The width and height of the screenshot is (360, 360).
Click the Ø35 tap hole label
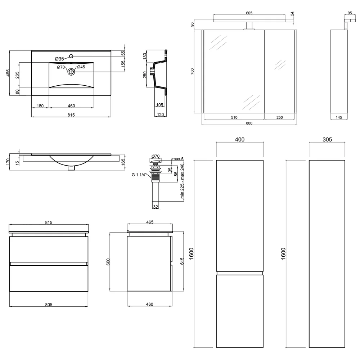(x=59, y=59)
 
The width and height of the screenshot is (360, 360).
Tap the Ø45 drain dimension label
(x=81, y=67)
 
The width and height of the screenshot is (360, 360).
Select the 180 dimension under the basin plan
(x=40, y=106)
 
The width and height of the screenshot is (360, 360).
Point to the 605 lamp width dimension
(x=249, y=13)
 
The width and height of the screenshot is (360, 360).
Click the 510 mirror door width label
(x=234, y=117)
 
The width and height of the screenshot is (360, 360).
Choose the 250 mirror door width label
(x=279, y=117)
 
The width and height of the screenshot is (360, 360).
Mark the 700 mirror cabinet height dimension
(x=192, y=71)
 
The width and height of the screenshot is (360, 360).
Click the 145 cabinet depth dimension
(x=339, y=117)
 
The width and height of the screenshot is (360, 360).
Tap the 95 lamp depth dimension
(x=350, y=13)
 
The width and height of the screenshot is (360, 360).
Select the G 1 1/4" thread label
(x=139, y=175)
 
